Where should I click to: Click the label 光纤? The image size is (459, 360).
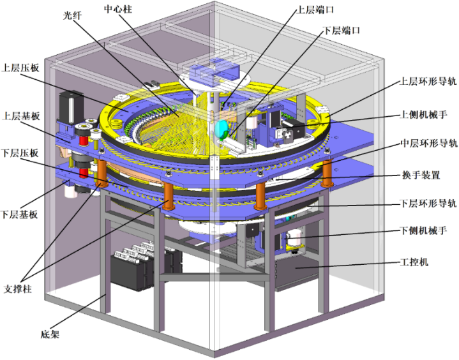tap(72, 15)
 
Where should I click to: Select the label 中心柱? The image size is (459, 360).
tap(118, 9)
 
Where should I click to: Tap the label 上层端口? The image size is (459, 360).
tap(315, 10)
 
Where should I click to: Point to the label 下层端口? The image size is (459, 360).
tap(341, 30)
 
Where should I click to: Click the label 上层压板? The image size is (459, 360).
tap(20, 68)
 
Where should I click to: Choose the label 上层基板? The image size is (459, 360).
tap(21, 116)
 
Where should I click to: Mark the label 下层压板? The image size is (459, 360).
tap(20, 153)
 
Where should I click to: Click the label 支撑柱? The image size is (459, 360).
tap(18, 289)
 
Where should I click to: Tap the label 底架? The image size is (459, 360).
tap(50, 334)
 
